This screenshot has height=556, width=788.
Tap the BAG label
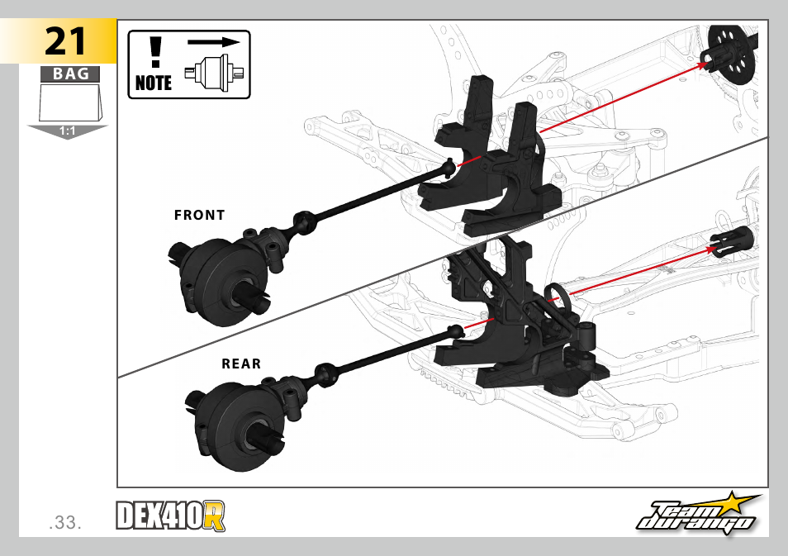point(70,74)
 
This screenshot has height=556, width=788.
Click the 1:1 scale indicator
point(68,131)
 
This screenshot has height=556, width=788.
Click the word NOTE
point(154,83)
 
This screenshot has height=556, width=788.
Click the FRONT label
point(199,215)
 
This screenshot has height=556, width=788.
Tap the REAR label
point(240,364)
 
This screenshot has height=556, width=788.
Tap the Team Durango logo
point(699,516)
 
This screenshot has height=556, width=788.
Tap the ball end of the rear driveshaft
point(453,332)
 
